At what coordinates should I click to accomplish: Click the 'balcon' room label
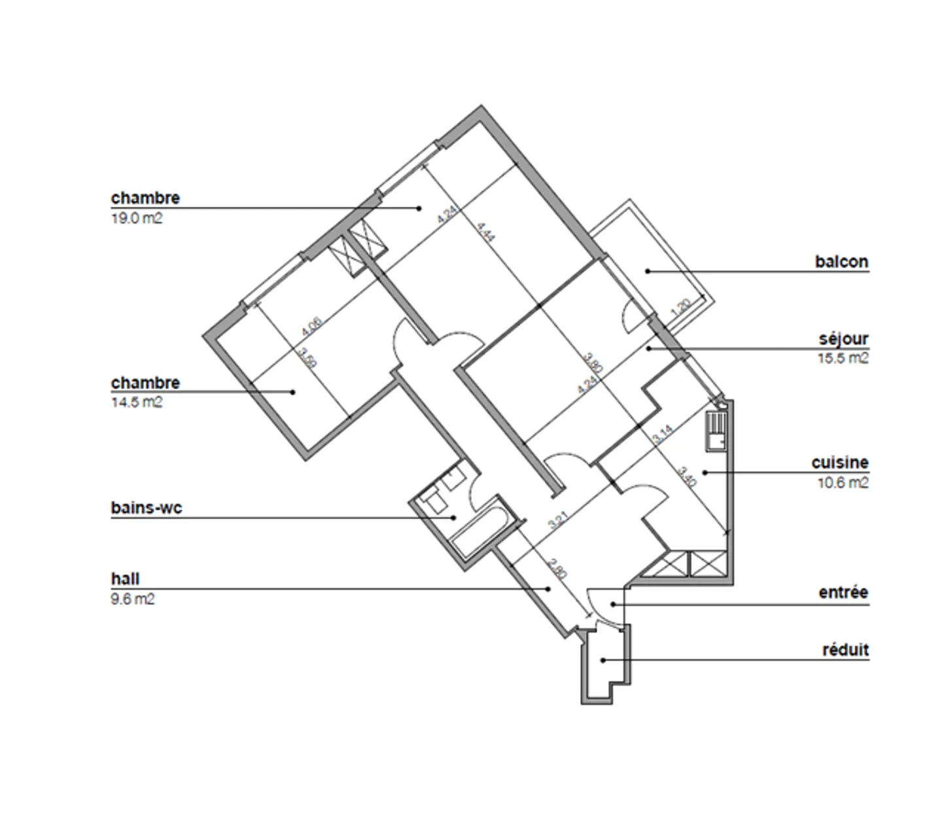tap(841, 262)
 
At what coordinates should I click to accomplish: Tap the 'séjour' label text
tap(843, 339)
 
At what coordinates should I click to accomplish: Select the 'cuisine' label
tap(840, 463)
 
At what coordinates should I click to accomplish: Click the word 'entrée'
tap(843, 592)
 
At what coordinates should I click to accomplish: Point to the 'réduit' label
tap(845, 650)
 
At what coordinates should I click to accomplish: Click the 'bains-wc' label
tap(147, 508)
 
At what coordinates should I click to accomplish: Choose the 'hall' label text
tap(125, 579)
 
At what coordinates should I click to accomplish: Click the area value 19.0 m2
tap(137, 219)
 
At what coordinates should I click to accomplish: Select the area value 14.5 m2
tap(137, 403)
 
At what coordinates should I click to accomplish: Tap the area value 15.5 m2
tap(843, 359)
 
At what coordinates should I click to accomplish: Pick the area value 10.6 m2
tap(843, 483)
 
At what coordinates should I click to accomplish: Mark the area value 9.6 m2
tap(133, 599)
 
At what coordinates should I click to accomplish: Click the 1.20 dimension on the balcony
tap(681, 308)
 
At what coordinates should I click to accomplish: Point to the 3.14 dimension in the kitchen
tap(663, 435)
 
